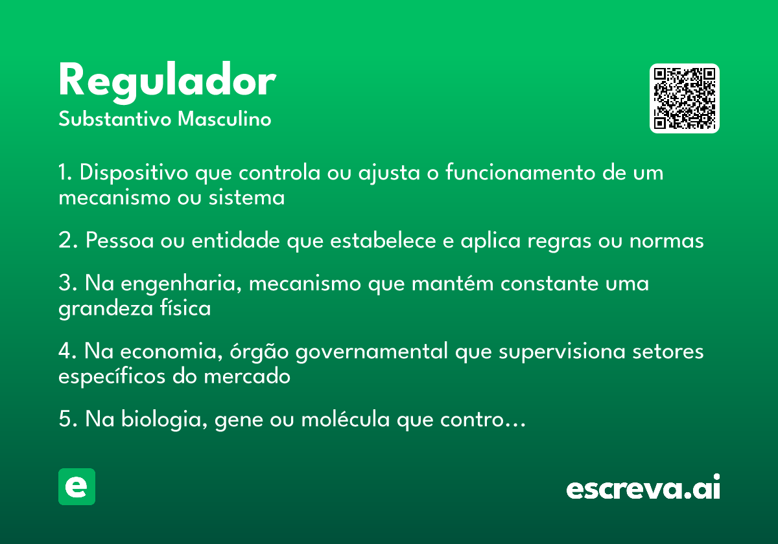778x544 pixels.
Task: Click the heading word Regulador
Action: pos(167,82)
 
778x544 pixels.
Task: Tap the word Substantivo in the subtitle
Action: pos(115,119)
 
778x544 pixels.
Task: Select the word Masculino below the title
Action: pos(224,119)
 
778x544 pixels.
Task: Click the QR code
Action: pos(684,98)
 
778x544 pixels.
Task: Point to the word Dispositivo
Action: pos(134,172)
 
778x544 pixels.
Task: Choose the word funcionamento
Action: pos(520,172)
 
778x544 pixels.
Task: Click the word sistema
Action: pos(246,198)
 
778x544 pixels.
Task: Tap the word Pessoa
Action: pos(119,240)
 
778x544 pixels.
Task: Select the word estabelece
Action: pos(383,240)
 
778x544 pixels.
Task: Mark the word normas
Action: pos(666,241)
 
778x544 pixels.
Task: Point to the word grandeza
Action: pos(106,309)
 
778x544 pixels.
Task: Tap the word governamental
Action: pos(371,352)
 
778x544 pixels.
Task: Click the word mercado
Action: pos(247,376)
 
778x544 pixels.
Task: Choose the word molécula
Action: pos(345,418)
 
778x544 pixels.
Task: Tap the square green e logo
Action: pos(77,486)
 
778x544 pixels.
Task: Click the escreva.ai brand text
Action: pos(643,487)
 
